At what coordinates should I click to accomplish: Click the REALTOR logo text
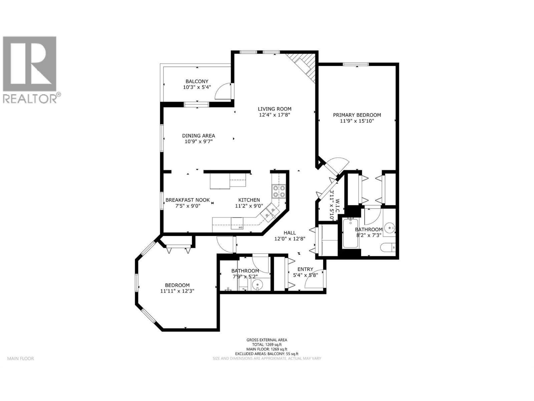32,98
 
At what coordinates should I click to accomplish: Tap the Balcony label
197,81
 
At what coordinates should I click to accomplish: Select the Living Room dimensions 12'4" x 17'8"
274,115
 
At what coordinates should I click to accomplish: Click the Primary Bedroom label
357,115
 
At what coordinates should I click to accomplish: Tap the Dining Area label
198,136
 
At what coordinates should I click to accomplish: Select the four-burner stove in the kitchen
279,191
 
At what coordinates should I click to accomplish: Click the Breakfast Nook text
188,200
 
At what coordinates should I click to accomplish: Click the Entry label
305,269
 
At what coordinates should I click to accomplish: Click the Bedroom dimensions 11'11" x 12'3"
177,291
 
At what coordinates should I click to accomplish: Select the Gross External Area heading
267,340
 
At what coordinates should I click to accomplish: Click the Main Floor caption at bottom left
21,359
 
